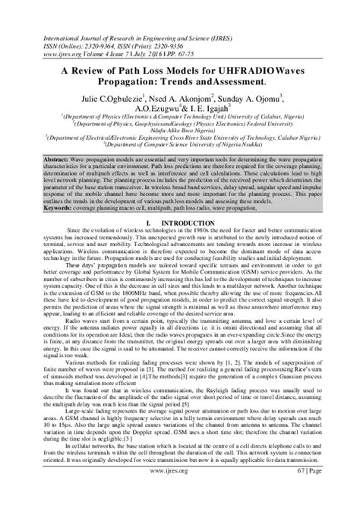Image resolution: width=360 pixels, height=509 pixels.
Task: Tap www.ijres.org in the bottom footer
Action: point(180,492)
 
